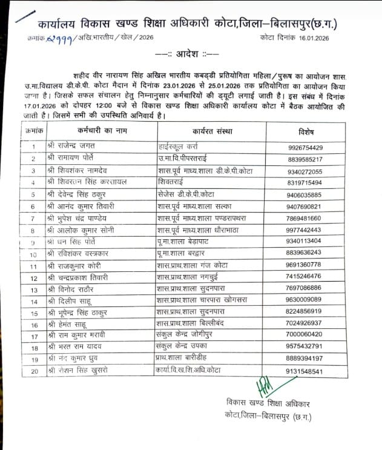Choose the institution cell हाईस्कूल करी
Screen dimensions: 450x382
(x=176, y=147)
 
